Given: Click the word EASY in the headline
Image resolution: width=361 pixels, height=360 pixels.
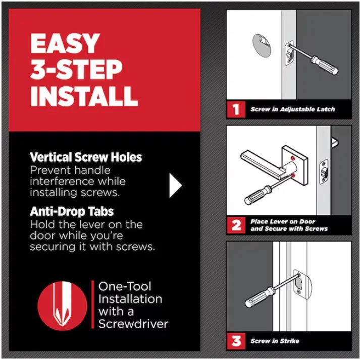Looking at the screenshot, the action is coord(65,43).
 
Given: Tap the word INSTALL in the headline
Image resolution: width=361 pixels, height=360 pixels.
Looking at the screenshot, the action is coord(84,96).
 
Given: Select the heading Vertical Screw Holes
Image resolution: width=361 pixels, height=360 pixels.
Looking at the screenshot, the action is coord(86,157).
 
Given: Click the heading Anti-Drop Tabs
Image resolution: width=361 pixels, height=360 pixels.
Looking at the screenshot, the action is coord(72,211).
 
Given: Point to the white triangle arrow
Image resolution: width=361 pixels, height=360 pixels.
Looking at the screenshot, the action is coord(175,185).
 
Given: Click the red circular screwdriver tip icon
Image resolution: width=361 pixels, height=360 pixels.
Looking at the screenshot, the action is coord(62,306).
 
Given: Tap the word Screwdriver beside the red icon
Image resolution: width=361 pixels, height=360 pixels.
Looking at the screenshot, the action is coord(133,324).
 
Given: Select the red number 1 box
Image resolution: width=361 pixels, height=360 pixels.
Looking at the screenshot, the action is coord(236,109).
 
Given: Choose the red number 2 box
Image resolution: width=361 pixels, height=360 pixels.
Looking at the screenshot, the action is coord(236,225).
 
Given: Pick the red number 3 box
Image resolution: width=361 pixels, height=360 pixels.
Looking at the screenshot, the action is coord(236,341).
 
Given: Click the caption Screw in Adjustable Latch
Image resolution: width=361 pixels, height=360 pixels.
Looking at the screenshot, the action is coord(293,109).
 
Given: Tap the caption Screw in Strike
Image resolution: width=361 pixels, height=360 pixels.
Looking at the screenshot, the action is coord(275,341).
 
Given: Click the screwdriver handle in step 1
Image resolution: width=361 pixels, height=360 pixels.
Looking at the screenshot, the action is coord(324,65).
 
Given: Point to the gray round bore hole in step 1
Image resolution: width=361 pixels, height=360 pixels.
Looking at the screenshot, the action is coord(262,45).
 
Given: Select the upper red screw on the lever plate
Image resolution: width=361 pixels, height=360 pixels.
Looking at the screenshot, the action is coord(293,158).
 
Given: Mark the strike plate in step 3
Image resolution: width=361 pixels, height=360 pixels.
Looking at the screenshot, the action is coord(302,284).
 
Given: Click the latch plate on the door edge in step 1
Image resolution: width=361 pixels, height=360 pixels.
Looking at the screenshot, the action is coord(289,53).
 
